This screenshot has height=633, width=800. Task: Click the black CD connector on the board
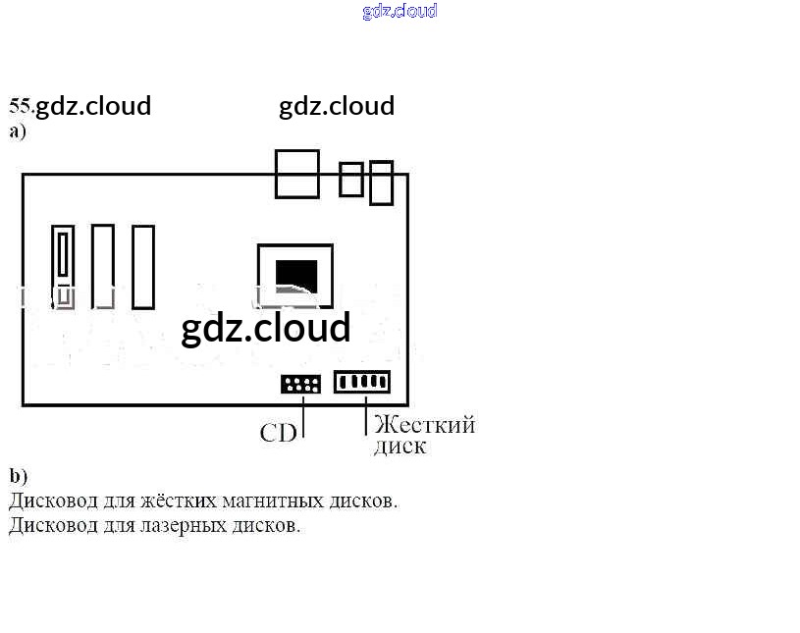pos(300,384)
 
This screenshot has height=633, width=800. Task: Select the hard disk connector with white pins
pos(362,382)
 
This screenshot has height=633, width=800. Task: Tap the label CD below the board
pos(278,433)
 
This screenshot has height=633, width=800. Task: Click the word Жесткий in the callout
pos(424,425)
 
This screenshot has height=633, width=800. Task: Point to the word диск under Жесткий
pos(400,447)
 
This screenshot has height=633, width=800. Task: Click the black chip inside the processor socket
pos(296,274)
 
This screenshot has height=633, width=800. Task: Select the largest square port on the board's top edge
pos(297,174)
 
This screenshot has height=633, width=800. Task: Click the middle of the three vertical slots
pos(103,266)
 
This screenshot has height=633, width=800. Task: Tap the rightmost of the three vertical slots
pos(143,267)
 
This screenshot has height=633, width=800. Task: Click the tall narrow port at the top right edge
pos(381,183)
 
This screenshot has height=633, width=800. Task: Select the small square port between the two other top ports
pos(350,180)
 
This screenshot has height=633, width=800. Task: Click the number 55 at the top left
pos(20,105)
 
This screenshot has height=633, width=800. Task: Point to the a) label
pos(18,131)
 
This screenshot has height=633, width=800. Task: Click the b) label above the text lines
pos(19,476)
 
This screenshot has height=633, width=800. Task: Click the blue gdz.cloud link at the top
pos(400,11)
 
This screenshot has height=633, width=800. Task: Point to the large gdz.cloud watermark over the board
pos(265,328)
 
